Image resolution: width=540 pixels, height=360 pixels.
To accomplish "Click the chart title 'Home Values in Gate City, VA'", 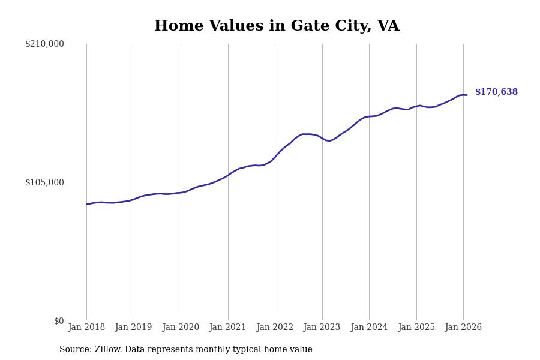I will [x=277, y=26].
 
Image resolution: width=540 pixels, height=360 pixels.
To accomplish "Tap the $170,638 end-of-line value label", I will [x=496, y=92].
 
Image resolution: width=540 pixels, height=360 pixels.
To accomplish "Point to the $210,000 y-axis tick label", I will [x=44, y=44].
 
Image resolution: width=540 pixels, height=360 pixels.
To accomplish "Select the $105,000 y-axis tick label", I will [x=44, y=182].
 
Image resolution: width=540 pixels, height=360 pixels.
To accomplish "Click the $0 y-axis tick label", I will [x=59, y=321].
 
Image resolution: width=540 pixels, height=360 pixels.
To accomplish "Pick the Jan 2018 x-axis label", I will [x=86, y=328].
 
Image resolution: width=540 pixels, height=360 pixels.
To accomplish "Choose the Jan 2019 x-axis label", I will [x=133, y=328].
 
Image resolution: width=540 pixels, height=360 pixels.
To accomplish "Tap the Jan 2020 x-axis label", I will [x=181, y=328].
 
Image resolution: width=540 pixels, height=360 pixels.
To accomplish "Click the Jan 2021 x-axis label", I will [x=227, y=328].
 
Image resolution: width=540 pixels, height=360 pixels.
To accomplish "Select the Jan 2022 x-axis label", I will [x=275, y=328].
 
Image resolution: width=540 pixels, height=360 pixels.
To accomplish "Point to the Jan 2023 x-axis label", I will [x=322, y=328].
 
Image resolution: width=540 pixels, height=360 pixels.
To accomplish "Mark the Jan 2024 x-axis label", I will [x=369, y=328].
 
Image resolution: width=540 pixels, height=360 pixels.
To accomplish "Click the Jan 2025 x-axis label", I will [x=416, y=328].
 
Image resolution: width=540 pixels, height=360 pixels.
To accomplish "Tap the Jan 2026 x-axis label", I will [x=463, y=328].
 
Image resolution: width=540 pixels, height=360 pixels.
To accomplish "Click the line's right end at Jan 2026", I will [x=467, y=95].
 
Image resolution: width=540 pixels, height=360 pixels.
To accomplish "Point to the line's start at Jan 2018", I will [x=86, y=204].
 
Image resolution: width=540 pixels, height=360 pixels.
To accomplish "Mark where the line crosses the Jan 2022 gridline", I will [x=275, y=157].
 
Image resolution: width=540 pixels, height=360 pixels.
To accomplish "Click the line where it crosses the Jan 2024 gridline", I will [x=369, y=116].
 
